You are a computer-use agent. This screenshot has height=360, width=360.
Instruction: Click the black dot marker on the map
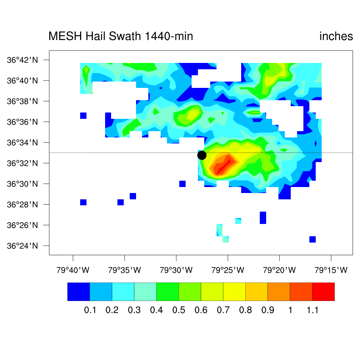click(202, 155)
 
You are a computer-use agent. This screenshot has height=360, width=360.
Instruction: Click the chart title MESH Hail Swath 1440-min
click(121, 36)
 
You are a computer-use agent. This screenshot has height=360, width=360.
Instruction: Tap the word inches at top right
click(336, 36)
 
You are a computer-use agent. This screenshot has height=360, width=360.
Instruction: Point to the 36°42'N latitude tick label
click(22, 60)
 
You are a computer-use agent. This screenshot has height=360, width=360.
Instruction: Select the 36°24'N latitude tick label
click(22, 246)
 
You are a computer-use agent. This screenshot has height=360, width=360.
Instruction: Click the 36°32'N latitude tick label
click(22, 163)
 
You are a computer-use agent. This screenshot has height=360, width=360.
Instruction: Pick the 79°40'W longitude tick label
click(73, 270)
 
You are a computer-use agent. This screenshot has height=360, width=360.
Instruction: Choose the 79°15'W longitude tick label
click(331, 270)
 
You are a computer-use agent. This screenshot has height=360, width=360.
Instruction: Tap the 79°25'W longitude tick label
click(228, 270)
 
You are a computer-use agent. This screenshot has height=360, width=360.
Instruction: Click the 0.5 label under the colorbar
click(179, 310)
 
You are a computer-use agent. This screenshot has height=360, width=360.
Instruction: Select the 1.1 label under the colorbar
click(312, 310)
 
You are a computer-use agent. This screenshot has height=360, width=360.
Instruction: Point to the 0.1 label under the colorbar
click(90, 310)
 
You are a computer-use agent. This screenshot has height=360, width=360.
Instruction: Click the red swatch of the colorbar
click(323, 291)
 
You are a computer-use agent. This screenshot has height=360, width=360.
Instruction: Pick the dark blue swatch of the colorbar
click(78, 291)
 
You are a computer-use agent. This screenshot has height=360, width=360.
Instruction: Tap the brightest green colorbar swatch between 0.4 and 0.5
click(167, 291)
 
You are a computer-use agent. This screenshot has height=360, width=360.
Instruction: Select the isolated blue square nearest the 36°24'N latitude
click(313, 239)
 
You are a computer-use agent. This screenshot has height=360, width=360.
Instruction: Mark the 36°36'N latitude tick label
click(22, 122)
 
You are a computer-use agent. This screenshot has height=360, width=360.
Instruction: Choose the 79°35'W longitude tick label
click(124, 270)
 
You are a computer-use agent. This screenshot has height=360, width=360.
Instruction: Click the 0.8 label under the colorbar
click(246, 310)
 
